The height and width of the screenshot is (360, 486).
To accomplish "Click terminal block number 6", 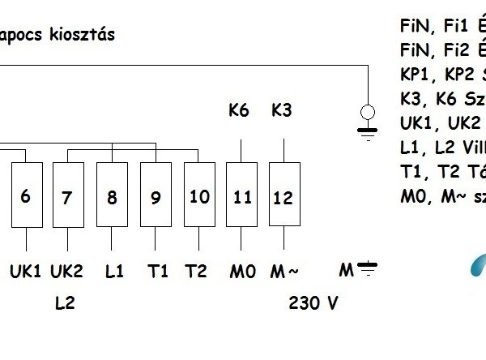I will click(26, 195).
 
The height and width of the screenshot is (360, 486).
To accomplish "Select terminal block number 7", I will click(67, 195).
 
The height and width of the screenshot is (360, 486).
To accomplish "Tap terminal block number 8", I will click(112, 195).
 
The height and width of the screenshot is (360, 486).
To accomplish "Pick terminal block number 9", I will click(156, 195).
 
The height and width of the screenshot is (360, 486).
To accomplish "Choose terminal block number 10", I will click(199, 195).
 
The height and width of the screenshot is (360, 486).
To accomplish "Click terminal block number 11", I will click(241, 195).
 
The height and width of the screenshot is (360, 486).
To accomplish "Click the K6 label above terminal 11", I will click(239, 109).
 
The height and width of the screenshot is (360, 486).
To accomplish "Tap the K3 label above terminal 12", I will click(282, 109).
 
